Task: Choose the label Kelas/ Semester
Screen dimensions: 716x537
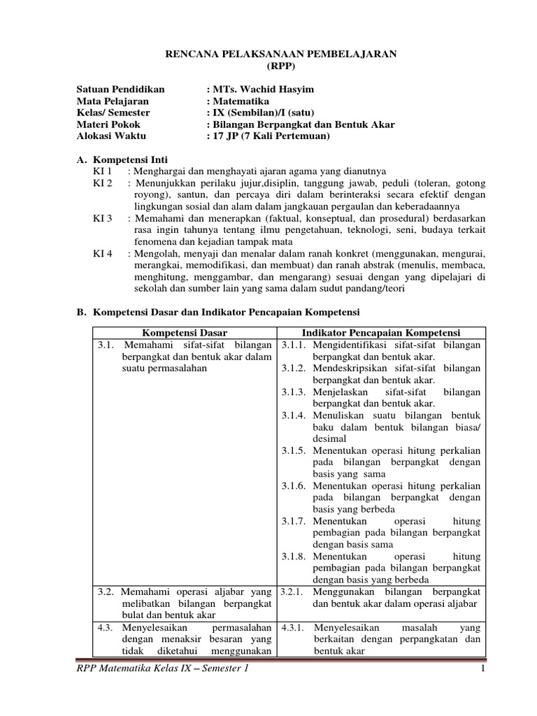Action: coord(113,113)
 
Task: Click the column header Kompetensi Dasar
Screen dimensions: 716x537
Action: coord(185,333)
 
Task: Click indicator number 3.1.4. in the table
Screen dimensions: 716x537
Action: coord(295,415)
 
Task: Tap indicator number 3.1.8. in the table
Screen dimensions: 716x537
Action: coord(295,557)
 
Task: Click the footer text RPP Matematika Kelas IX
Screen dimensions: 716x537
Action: coord(141,671)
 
